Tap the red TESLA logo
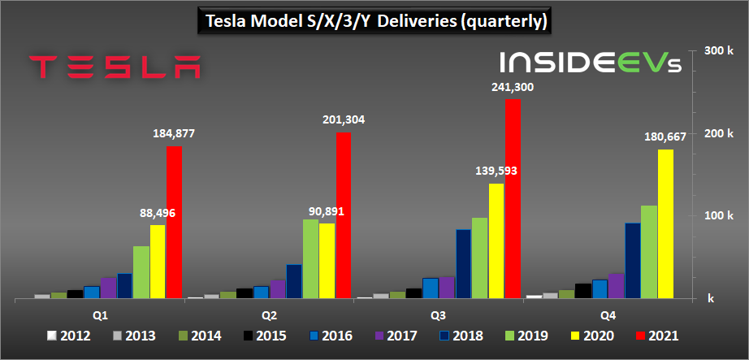point(115,67)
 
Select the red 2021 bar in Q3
point(513,199)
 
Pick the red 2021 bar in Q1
point(175,223)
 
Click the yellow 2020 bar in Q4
point(665,224)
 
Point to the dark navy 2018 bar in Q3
point(463,264)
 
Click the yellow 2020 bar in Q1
point(158,262)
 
